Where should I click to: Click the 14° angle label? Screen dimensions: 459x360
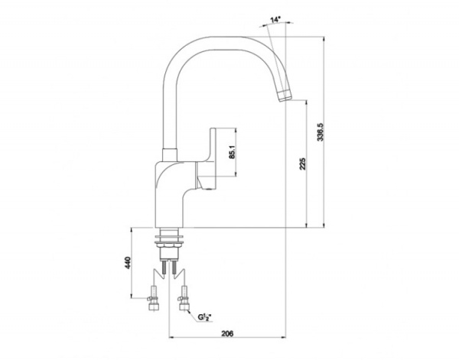(275, 20)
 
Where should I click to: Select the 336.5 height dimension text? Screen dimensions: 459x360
(321, 132)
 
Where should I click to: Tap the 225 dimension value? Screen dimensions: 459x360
(303, 164)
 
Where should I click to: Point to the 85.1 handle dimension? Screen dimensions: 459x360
(232, 152)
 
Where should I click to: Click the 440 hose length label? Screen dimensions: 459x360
(128, 263)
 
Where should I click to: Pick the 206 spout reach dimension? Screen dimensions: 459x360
(227, 333)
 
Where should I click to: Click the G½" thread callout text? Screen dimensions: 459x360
(204, 317)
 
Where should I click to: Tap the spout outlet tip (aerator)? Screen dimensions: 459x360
(285, 96)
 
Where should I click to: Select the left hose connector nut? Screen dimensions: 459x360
(155, 306)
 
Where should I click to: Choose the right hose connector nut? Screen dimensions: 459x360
(184, 306)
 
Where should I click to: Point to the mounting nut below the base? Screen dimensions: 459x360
(168, 244)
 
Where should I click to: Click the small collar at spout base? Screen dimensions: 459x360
(170, 154)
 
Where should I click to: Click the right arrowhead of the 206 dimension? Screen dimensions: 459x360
(283, 338)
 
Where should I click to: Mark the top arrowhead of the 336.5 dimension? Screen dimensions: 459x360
(324, 39)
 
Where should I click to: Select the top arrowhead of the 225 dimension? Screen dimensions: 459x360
(307, 103)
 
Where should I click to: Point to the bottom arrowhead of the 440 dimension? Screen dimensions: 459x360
(131, 295)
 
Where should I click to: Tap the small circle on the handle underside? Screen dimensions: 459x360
(209, 190)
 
